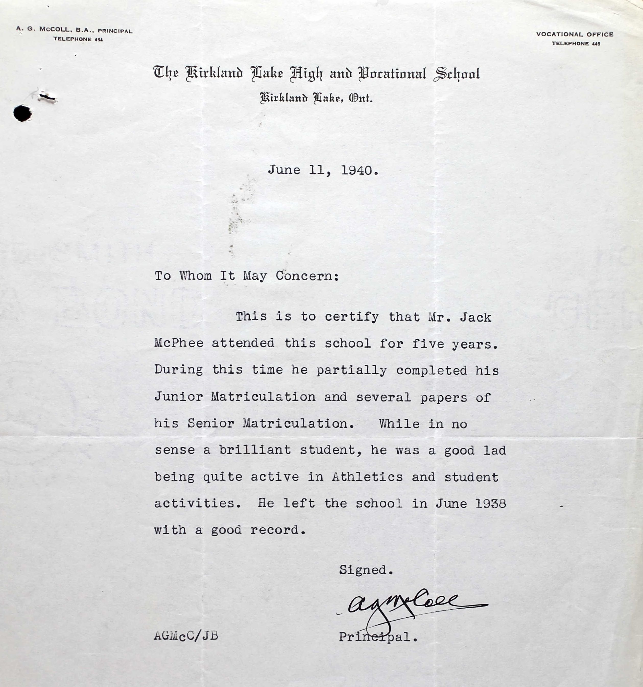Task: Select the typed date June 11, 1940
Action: [323, 170]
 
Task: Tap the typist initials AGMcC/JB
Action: [186, 636]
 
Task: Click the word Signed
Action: [366, 570]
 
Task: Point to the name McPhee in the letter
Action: [179, 343]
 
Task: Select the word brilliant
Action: [255, 450]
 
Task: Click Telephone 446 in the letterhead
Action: [576, 43]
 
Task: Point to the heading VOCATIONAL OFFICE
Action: [575, 34]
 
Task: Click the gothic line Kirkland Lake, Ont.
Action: [316, 99]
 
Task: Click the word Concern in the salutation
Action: [307, 276]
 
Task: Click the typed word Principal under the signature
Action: [378, 636]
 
